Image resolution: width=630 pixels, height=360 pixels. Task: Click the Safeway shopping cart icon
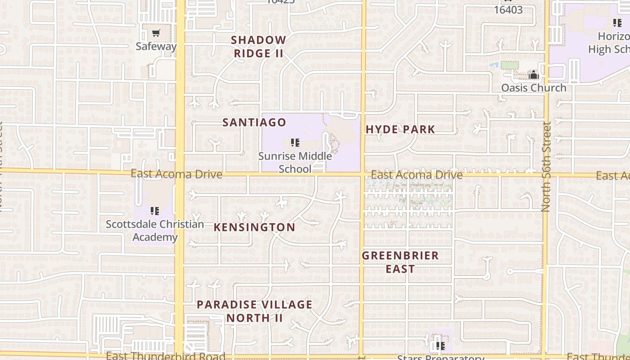[156, 33]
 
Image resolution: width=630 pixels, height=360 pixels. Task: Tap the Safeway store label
[156, 46]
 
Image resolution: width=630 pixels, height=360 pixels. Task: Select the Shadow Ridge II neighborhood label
[258, 46]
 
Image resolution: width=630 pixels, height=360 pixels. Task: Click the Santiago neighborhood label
[254, 122]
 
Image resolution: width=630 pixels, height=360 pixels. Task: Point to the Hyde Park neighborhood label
[400, 130]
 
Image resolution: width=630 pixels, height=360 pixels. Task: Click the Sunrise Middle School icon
[295, 143]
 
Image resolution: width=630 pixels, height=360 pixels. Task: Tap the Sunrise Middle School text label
[295, 162]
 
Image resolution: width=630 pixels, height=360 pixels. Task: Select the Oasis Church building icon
[533, 75]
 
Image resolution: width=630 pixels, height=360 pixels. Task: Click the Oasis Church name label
[534, 87]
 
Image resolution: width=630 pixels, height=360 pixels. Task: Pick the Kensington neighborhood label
[254, 227]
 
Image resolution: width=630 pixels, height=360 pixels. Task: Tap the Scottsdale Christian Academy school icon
[155, 211]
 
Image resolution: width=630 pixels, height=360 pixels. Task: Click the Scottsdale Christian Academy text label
[155, 230]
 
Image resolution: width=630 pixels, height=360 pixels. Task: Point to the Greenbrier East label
[400, 262]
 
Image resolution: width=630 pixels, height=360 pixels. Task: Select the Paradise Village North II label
[254, 311]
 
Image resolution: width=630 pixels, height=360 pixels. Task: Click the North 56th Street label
[546, 166]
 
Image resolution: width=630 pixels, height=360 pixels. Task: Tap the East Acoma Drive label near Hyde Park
[417, 175]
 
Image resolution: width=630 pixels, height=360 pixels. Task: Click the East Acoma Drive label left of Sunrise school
[176, 174]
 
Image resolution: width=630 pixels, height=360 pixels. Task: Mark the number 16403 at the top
[508, 9]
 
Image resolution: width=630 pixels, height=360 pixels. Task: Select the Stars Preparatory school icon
[440, 346]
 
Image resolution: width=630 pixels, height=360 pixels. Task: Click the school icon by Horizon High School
[617, 22]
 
